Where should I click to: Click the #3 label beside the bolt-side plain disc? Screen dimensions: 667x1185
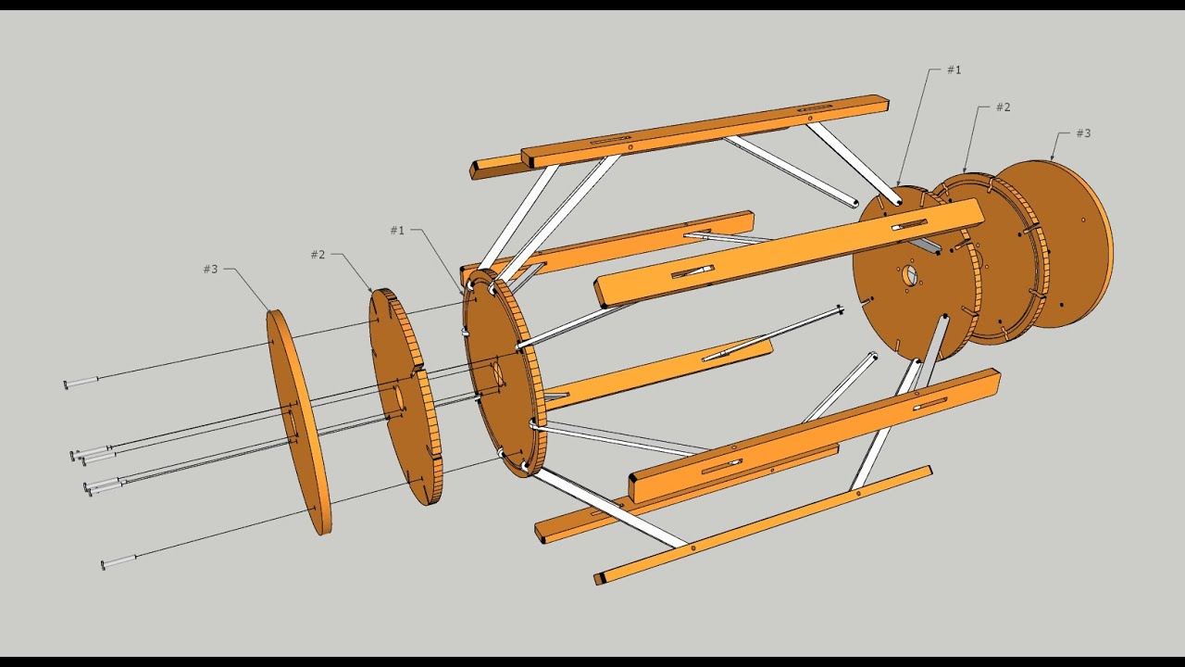(x=211, y=270)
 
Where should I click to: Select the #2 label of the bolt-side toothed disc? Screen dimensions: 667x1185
(x=318, y=255)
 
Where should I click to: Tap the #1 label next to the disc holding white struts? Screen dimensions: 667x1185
(x=397, y=231)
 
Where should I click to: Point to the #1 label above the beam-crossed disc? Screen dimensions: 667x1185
(x=954, y=70)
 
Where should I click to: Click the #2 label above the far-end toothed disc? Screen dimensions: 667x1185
(x=1003, y=107)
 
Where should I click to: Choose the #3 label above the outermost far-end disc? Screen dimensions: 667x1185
(x=1083, y=133)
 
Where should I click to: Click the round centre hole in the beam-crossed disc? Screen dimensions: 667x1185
(x=909, y=275)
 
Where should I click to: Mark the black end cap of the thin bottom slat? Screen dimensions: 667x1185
(x=602, y=579)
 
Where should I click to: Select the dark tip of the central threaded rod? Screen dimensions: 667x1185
(x=839, y=308)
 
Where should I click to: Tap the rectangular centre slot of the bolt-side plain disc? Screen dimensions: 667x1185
(x=290, y=425)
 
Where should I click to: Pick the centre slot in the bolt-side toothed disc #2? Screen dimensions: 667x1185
(x=399, y=396)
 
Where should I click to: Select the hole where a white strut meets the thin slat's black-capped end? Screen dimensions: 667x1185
(x=692, y=547)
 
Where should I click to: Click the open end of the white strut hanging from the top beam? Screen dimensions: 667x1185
(x=849, y=203)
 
